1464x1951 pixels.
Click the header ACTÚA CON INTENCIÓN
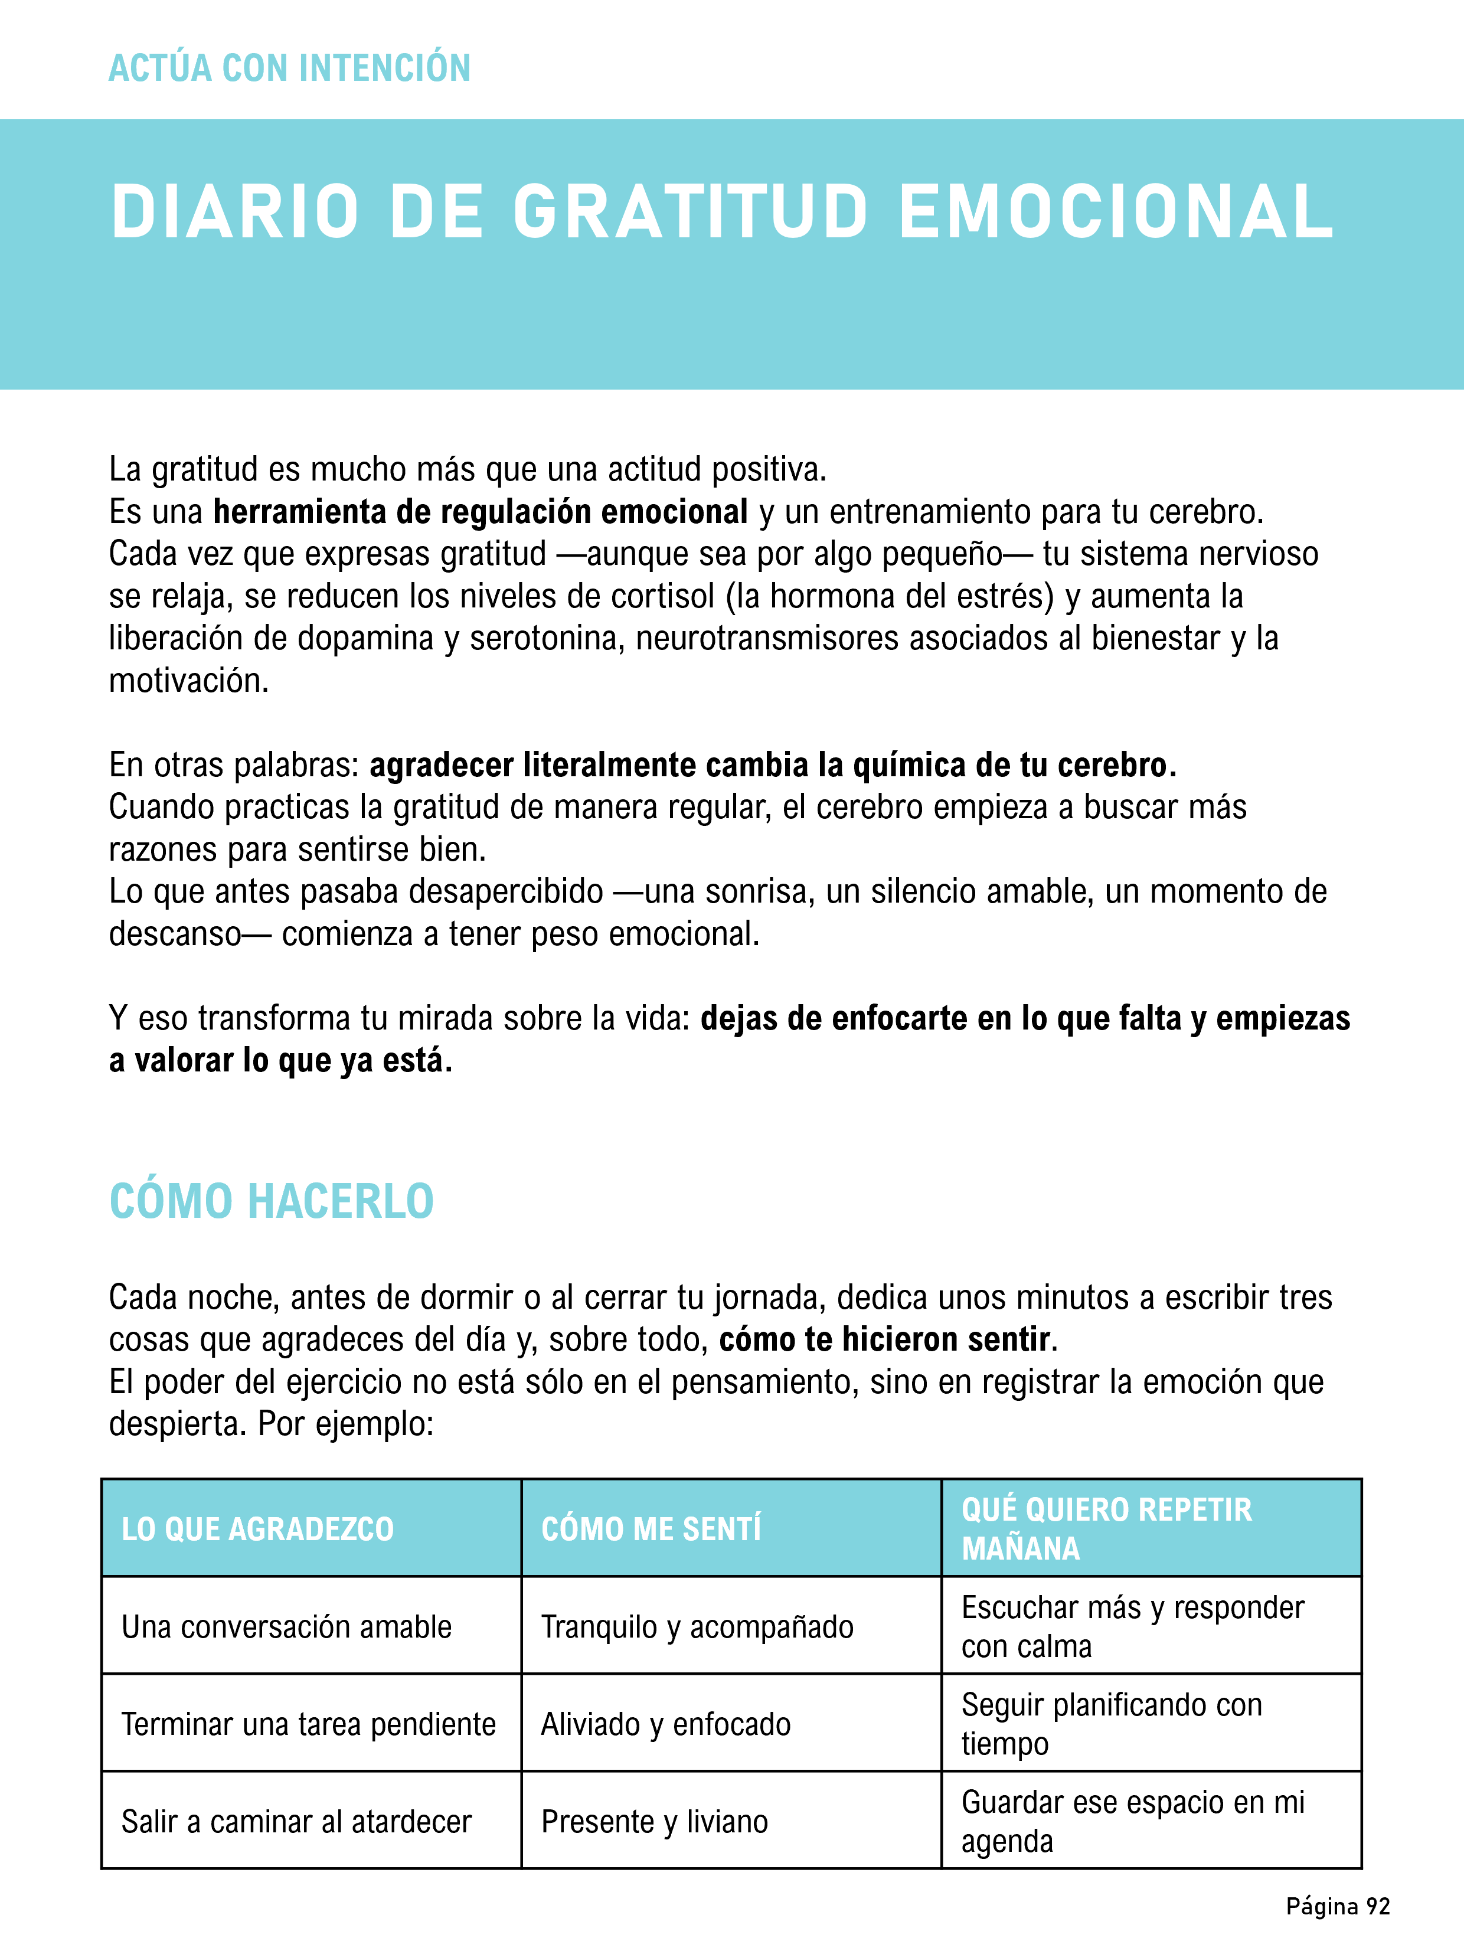click(x=289, y=68)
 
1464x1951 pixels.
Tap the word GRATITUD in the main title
click(x=691, y=213)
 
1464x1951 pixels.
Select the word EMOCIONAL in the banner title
click(x=1116, y=213)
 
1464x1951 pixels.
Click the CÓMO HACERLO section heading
click(x=272, y=1201)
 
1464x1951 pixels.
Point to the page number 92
click(x=1378, y=1906)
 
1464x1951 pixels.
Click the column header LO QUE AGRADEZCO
click(x=257, y=1528)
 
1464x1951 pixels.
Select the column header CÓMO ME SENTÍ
click(x=651, y=1528)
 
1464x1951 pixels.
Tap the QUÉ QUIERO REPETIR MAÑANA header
click(x=1107, y=1528)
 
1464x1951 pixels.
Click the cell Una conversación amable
click(x=287, y=1626)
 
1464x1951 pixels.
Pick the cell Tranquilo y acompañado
click(x=697, y=1626)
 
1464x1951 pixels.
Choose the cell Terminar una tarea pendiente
click(x=309, y=1724)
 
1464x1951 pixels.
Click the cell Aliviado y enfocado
click(x=666, y=1724)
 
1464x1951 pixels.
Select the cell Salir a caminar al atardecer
click(x=296, y=1821)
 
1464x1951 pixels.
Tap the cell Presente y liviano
click(x=655, y=1821)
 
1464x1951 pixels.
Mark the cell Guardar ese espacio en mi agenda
click(x=1132, y=1821)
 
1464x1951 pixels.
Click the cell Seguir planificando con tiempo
click(x=1111, y=1724)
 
